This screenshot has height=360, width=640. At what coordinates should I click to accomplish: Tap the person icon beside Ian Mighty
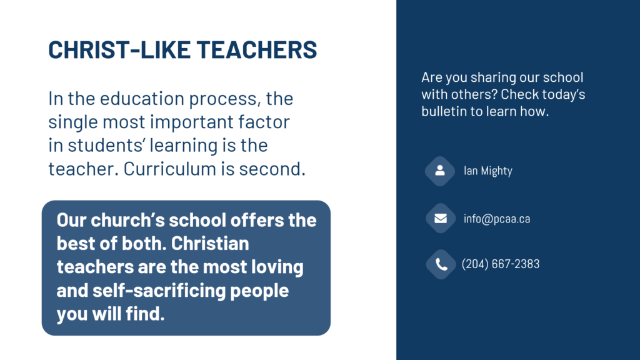pyautogui.click(x=440, y=171)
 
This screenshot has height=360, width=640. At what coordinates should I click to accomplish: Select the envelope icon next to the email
pyautogui.click(x=440, y=219)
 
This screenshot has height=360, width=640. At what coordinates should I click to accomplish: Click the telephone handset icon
pyautogui.click(x=441, y=264)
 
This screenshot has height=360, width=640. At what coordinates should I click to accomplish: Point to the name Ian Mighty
pyautogui.click(x=487, y=171)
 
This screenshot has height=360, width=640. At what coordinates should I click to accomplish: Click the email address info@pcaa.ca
pyautogui.click(x=497, y=219)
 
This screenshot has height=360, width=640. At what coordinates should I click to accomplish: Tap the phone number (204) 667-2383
pyautogui.click(x=500, y=264)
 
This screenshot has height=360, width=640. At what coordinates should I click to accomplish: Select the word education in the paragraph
pyautogui.click(x=132, y=99)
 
